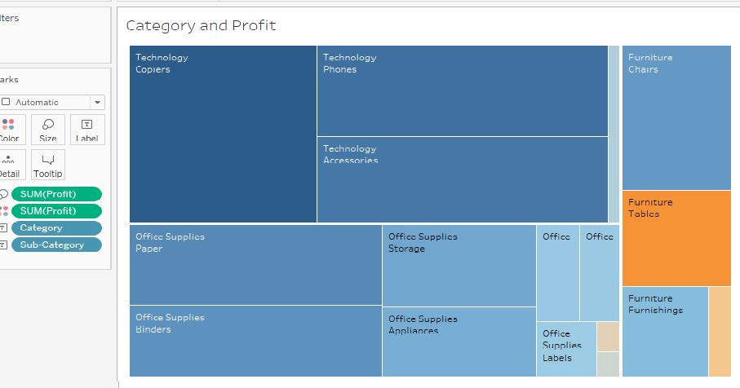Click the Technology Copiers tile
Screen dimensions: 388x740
pyautogui.click(x=223, y=134)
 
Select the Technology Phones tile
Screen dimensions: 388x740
pyautogui.click(x=462, y=90)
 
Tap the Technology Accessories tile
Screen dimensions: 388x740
pyautogui.click(x=462, y=179)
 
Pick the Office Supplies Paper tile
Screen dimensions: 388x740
pyautogui.click(x=255, y=265)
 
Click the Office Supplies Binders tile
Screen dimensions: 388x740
pyautogui.click(x=255, y=342)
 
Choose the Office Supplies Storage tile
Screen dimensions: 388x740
pyautogui.click(x=459, y=265)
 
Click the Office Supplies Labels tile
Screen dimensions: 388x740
pyautogui.click(x=565, y=350)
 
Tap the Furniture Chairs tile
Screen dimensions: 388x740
pyautogui.click(x=676, y=117)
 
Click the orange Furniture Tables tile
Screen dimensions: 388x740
pyautogui.click(x=676, y=238)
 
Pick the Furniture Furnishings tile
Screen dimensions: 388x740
pyautogui.click(x=664, y=332)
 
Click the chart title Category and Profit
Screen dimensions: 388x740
pyautogui.click(x=201, y=25)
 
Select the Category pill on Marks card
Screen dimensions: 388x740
pyautogui.click(x=56, y=228)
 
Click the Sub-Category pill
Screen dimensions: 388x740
pyautogui.click(x=56, y=245)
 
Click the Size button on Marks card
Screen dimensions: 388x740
pyautogui.click(x=48, y=130)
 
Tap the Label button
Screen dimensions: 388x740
pyautogui.click(x=87, y=130)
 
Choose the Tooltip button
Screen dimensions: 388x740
pyautogui.click(x=48, y=165)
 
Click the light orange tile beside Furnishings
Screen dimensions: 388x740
pyautogui.click(x=720, y=332)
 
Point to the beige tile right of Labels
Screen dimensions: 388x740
pyautogui.click(x=608, y=336)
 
